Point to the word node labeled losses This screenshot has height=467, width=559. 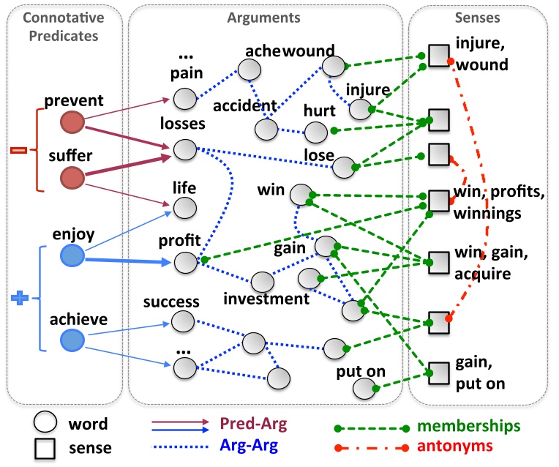pos(185,151)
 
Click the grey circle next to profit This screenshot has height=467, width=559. pos(185,261)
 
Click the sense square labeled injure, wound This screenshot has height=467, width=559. pos(438,56)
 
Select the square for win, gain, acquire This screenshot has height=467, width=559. pos(438,261)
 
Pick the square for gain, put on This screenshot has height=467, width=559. pos(438,372)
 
